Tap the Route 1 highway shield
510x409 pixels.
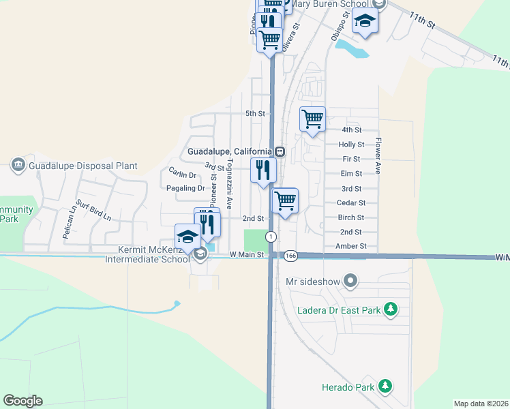[271, 237]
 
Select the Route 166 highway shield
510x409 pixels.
[291, 256]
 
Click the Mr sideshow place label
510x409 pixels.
[312, 280]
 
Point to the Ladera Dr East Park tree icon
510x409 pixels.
[391, 310]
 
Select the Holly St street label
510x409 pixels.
[352, 145]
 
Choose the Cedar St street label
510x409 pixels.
[352, 202]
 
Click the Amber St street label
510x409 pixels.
[352, 246]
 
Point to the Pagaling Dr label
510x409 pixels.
[185, 188]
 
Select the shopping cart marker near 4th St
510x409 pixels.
[312, 119]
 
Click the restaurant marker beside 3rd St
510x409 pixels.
[263, 170]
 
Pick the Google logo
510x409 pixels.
[22, 401]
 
